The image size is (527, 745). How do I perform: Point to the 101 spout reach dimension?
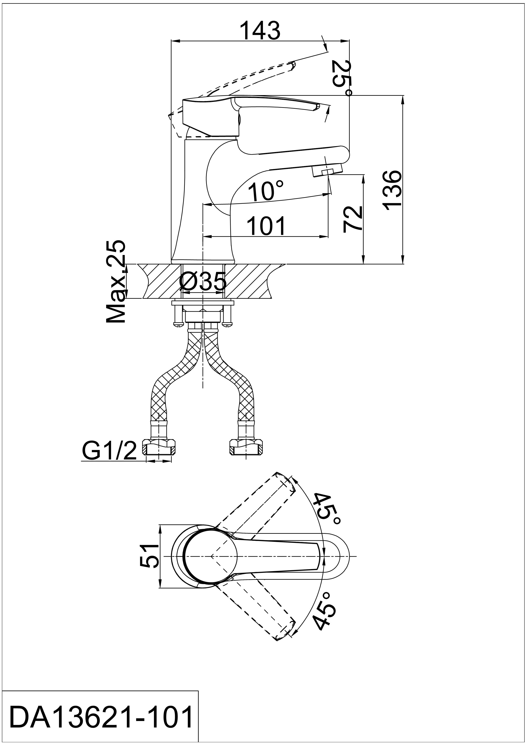coord(266,226)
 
